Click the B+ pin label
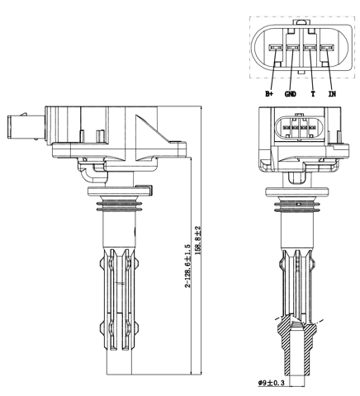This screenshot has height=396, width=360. coord(269,94)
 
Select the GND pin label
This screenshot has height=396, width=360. coord(290,94)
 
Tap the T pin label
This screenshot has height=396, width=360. coord(312,94)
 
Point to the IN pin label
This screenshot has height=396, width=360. coord(332,94)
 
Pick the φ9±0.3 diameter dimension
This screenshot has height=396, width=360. coord(273,383)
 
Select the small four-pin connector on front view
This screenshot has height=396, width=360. coord(299,130)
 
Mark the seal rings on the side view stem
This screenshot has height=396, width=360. coord(120,205)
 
